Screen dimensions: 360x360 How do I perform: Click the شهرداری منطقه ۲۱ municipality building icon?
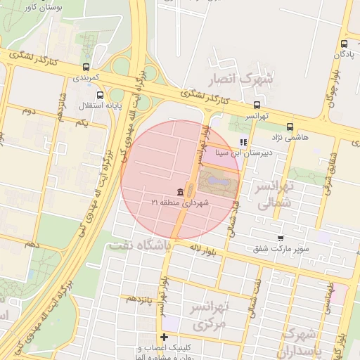click(181, 193)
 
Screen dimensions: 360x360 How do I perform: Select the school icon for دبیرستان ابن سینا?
click(244, 142)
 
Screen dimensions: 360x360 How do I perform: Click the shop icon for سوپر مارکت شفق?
click(281, 239)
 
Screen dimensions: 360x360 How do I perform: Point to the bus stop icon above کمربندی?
click(86, 66)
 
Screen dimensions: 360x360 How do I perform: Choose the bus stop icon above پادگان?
click(344, 44)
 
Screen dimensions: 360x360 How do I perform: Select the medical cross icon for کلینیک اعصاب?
click(164, 337)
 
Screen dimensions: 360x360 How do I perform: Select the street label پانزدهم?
click(139, 299)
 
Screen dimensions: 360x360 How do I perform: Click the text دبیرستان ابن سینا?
click(264, 150)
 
